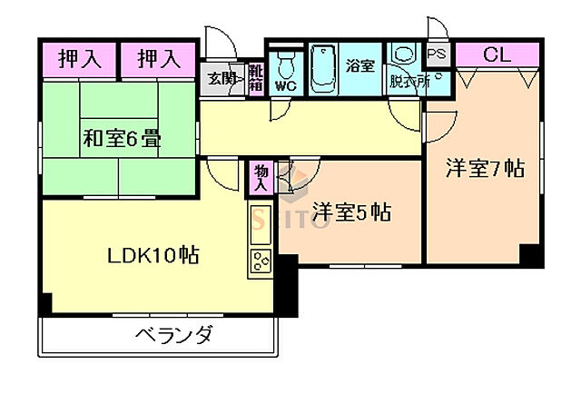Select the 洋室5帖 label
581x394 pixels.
coord(351,213)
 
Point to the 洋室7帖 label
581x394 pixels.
coord(484,169)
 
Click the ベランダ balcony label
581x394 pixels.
coord(174,335)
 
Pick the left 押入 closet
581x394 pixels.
coord(80,60)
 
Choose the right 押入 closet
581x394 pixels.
coord(159,60)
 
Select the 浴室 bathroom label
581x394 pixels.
coord(360,64)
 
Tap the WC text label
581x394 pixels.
coord(286,86)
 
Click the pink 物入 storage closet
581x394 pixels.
coord(261,178)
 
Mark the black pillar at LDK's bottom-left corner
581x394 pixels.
coord(46,302)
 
